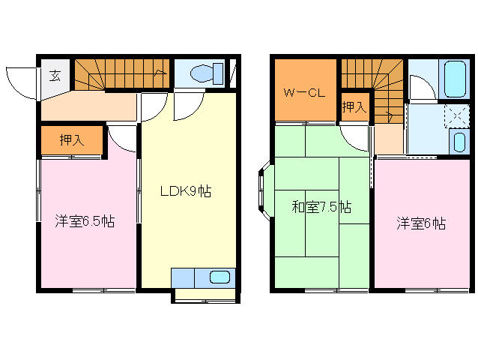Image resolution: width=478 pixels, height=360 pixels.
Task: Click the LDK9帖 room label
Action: tap(185, 191)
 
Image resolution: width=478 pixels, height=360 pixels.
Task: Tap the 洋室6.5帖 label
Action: tap(85, 221)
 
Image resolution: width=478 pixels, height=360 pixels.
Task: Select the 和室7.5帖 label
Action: tap(321, 207)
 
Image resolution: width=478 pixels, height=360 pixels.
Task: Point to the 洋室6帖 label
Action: tap(421, 223)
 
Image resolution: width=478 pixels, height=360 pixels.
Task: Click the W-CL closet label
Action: tap(303, 94)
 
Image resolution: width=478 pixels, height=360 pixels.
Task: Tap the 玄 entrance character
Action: tap(55, 74)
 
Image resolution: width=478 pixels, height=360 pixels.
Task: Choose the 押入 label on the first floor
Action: tap(70, 139)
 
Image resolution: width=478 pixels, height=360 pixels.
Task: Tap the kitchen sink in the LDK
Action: tap(220, 277)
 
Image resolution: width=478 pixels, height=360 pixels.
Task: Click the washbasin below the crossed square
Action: tap(458, 141)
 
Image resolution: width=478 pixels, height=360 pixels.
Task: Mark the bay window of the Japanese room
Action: tap(263, 193)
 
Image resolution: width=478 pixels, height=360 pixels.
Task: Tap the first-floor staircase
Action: tap(120, 73)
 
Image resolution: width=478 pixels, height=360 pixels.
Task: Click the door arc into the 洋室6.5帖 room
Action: tap(120, 138)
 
